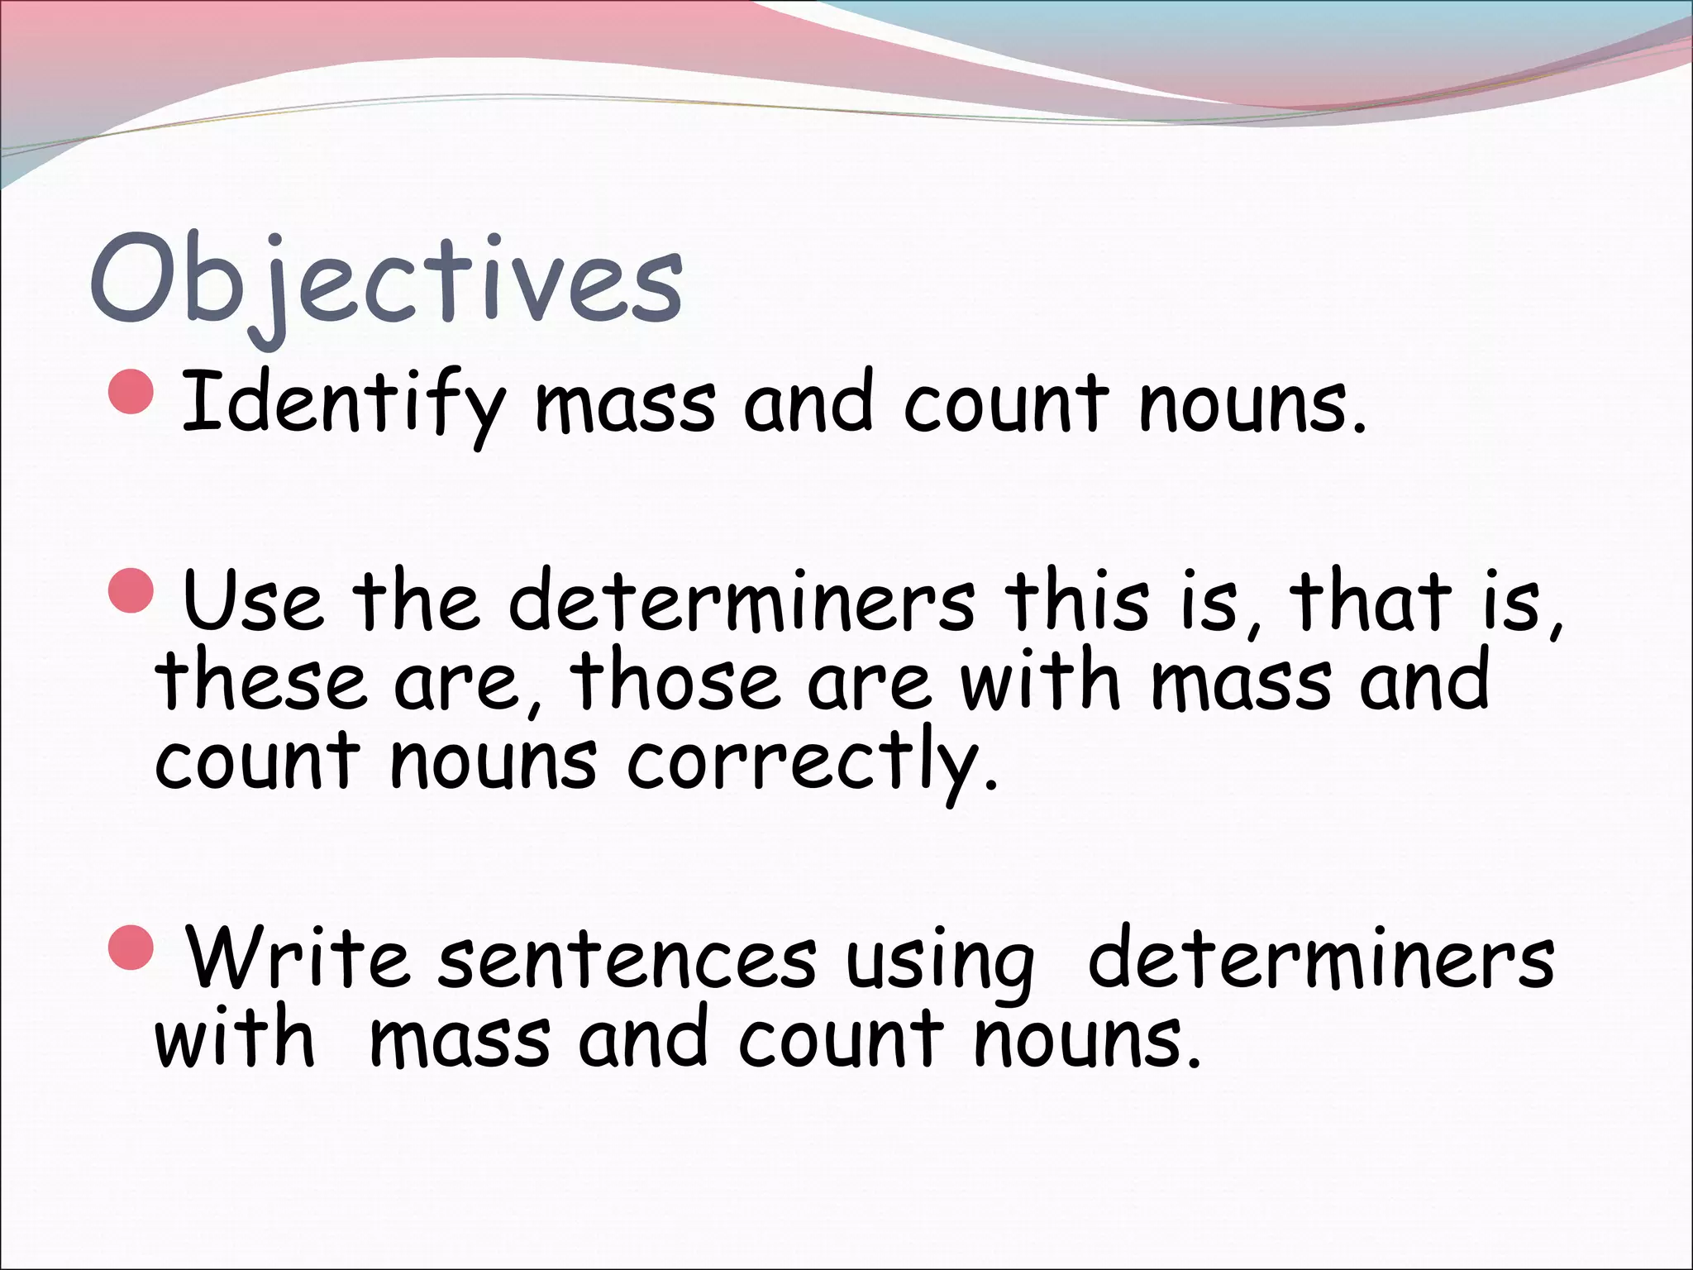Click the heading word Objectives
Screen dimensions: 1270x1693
386,281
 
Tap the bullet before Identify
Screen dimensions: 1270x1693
131,391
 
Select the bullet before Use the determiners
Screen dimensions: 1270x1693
131,590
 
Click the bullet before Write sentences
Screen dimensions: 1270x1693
131,948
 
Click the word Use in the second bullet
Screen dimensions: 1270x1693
252,600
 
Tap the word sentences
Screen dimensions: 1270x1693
627,959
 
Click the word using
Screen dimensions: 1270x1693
939,963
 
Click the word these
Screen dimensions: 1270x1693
260,680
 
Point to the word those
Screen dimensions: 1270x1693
674,680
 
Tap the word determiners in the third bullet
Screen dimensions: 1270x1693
1320,959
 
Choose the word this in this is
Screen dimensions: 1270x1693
1076,600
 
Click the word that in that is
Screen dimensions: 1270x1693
1371,600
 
